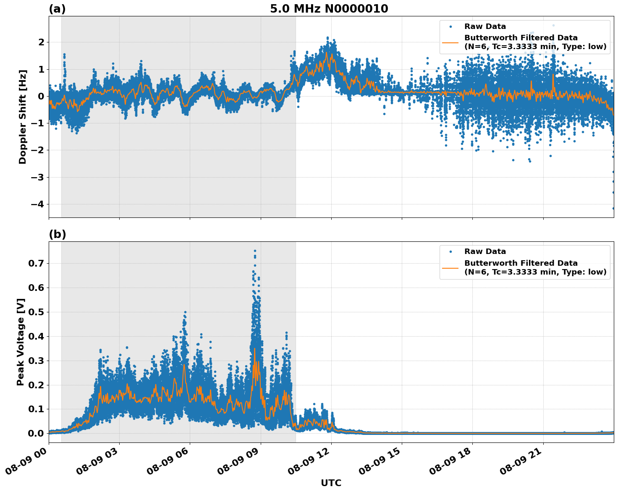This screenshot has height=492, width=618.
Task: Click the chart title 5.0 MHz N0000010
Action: click(x=329, y=9)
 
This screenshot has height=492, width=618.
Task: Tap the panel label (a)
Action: click(x=57, y=9)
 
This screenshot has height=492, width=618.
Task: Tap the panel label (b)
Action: click(x=57, y=234)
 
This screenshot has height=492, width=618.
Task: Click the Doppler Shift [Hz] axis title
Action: click(x=23, y=117)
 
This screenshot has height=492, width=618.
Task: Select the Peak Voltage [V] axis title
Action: click(x=21, y=342)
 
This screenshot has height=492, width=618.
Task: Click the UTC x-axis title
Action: click(x=331, y=483)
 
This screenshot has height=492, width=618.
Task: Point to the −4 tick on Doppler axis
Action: click(x=38, y=204)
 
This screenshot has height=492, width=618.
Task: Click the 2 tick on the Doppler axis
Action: click(x=41, y=42)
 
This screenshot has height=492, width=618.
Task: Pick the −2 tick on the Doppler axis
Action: click(x=38, y=150)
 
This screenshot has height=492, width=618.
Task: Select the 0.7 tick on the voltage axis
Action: click(x=36, y=263)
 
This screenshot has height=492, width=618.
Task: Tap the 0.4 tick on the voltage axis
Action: click(x=36, y=336)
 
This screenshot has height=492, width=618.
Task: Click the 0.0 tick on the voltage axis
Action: click(x=36, y=433)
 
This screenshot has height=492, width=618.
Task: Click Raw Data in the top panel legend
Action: click(x=485, y=26)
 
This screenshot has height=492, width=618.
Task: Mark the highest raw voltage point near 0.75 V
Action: click(x=255, y=251)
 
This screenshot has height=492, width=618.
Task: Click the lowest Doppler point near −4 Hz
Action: click(x=613, y=208)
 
